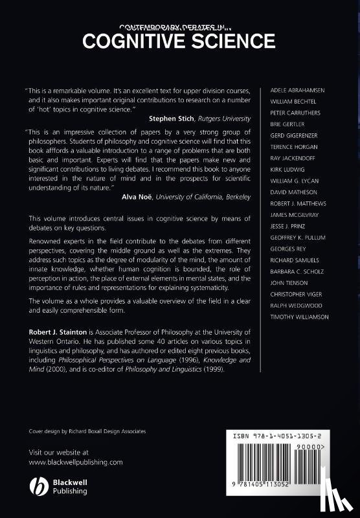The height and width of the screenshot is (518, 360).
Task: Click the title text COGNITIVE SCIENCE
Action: pos(179,41)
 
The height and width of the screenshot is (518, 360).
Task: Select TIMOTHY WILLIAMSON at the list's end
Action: pos(298,317)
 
